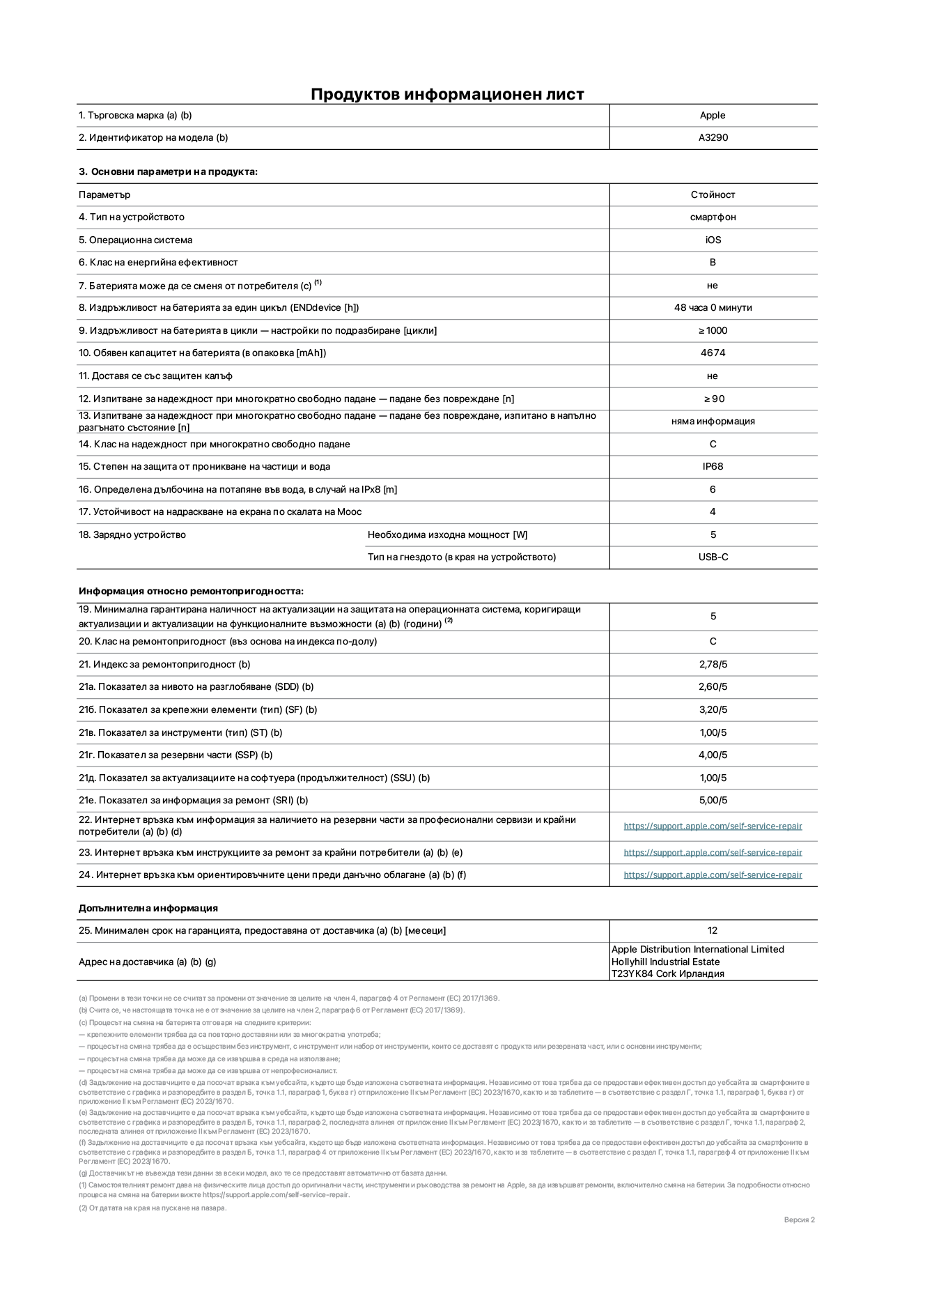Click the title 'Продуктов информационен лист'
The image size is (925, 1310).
447,94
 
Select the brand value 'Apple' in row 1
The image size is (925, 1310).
713,116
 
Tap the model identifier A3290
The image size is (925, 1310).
713,138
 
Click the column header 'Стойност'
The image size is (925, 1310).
713,195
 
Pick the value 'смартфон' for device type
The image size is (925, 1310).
713,217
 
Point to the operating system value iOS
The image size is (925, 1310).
713,240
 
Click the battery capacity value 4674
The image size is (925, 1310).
713,353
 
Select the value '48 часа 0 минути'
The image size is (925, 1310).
713,308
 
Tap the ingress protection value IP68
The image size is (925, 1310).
713,467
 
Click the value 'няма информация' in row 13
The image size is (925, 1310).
713,422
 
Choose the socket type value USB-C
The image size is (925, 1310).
713,557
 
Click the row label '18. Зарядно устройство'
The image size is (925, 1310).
132,535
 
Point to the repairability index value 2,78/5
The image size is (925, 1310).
713,665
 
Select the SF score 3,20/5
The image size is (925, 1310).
713,710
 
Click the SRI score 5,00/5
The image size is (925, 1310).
713,801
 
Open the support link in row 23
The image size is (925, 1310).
713,853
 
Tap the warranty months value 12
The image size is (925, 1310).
713,931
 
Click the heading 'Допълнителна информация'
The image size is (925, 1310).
148,909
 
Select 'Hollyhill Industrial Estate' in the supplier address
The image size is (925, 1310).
665,962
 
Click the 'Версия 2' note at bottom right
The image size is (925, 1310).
799,1220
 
